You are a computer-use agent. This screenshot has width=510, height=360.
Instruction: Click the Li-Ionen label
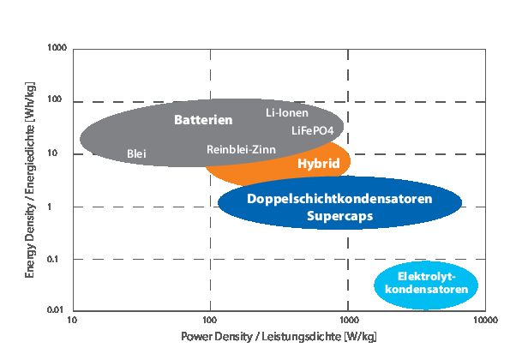point(287,113)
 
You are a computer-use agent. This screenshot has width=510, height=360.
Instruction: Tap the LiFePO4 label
point(312,131)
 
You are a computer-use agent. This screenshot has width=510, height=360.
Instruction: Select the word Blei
point(136,153)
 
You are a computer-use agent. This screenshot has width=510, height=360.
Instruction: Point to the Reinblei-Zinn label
point(240,149)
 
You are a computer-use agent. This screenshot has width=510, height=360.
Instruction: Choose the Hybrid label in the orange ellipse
point(318,163)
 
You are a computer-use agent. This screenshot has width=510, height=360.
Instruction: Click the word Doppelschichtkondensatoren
point(339,198)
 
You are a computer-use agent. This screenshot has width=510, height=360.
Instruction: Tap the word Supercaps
point(339,216)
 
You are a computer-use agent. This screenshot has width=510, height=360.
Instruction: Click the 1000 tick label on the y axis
point(57,49)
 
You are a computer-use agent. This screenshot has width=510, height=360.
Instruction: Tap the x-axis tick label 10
point(73,321)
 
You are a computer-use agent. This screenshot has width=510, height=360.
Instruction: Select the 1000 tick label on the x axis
point(347,321)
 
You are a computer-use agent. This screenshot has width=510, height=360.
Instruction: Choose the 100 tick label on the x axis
point(210,321)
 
